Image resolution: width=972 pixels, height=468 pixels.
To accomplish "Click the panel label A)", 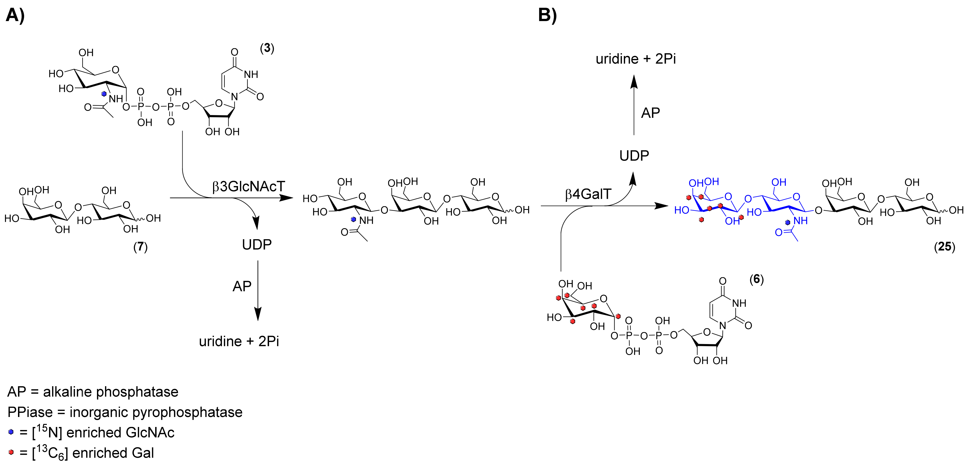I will (15, 16).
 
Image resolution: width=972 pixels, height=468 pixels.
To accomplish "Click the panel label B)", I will (547, 16).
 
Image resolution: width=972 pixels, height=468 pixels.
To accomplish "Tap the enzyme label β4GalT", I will (588, 194).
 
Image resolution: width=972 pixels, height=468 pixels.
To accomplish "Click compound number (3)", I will (267, 48).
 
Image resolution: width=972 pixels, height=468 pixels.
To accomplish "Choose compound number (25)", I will (945, 247).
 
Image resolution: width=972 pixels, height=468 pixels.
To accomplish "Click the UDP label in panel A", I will (257, 245).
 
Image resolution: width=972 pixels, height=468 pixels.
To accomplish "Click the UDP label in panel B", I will (634, 156).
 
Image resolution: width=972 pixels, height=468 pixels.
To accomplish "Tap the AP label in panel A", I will (242, 286).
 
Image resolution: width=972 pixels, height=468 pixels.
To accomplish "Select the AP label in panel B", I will (651, 113).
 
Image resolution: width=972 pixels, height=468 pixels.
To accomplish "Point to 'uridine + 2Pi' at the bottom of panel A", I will (239, 341).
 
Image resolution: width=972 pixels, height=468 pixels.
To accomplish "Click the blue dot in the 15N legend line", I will (11, 432).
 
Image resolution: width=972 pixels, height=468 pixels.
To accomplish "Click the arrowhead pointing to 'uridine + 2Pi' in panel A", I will (258, 314).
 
